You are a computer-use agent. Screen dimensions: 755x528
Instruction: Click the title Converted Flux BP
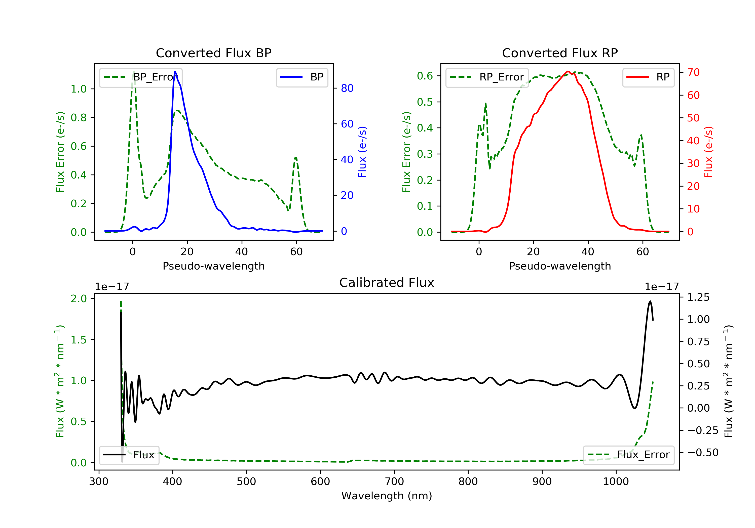(x=213, y=53)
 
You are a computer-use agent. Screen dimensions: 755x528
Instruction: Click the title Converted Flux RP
(x=560, y=53)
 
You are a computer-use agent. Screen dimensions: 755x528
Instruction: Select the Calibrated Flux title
(x=387, y=283)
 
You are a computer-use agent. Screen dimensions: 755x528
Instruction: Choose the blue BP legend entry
(x=301, y=77)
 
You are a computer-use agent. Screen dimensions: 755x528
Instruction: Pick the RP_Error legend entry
(x=487, y=77)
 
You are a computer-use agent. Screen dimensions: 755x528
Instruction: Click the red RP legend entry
(x=648, y=77)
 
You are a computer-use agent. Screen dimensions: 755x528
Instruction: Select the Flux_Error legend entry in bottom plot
(x=628, y=455)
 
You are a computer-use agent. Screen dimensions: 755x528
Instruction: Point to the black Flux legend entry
(x=129, y=455)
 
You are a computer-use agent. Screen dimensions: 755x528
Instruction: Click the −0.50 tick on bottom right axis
(x=703, y=452)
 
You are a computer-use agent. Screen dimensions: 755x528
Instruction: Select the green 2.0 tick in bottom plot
(x=79, y=298)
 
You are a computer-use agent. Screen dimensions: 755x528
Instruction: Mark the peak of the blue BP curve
(x=175, y=71)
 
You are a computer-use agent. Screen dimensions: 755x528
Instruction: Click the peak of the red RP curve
(x=568, y=71)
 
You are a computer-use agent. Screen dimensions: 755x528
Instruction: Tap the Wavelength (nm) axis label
(x=387, y=496)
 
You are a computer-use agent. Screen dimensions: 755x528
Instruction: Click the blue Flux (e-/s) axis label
(x=362, y=152)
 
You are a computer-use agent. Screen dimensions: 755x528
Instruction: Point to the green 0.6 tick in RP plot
(x=425, y=76)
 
